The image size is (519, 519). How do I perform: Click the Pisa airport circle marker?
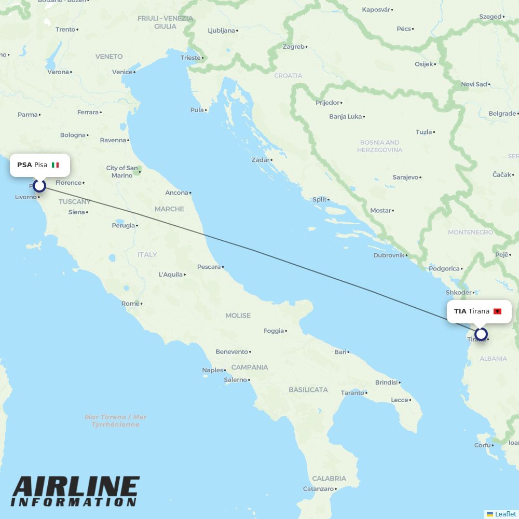tap(39, 185)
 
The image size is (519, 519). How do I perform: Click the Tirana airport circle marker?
tap(481, 334)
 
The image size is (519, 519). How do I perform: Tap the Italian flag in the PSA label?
tap(56, 165)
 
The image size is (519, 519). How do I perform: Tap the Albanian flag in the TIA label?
tap(497, 311)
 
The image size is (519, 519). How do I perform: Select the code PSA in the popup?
tap(24, 165)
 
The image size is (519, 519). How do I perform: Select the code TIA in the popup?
tap(460, 311)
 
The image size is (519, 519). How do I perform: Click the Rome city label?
tap(130, 304)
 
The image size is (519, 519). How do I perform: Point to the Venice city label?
tap(122, 72)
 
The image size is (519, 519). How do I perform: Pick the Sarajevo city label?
tap(405, 177)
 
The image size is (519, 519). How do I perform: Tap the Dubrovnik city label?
tap(389, 255)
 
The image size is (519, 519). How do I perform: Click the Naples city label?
tap(212, 371)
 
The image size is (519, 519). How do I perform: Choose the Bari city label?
tap(340, 352)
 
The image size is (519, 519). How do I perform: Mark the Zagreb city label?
tap(294, 47)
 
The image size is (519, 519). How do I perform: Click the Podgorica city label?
tap(444, 269)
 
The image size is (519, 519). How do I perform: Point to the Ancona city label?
tap(176, 193)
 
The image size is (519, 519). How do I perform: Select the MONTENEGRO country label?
tap(470, 233)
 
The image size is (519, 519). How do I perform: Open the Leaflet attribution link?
tap(505, 514)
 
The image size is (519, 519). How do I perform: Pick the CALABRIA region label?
tap(329, 479)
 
